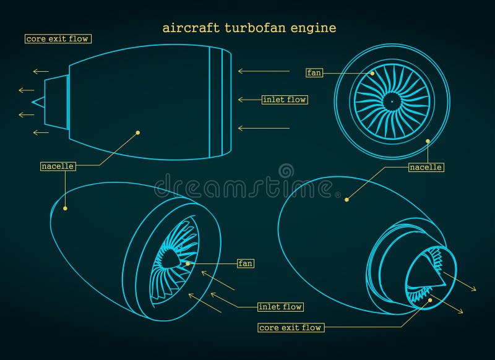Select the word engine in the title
coord(316,28)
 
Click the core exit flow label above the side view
coord(58,39)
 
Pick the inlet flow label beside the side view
coord(285,100)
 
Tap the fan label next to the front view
coord(314,73)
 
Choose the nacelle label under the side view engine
coord(58,166)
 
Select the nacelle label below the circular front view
coord(426,167)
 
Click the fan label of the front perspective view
coord(246,264)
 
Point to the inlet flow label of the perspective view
coord(280,307)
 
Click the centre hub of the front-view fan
coord(391,101)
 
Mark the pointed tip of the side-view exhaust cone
coord(33,101)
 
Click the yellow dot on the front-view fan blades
coord(373,73)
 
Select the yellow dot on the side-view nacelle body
coord(138,132)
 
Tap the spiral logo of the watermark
coord(286,171)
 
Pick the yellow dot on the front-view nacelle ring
coord(427,141)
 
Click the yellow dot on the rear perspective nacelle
coord(346,199)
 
